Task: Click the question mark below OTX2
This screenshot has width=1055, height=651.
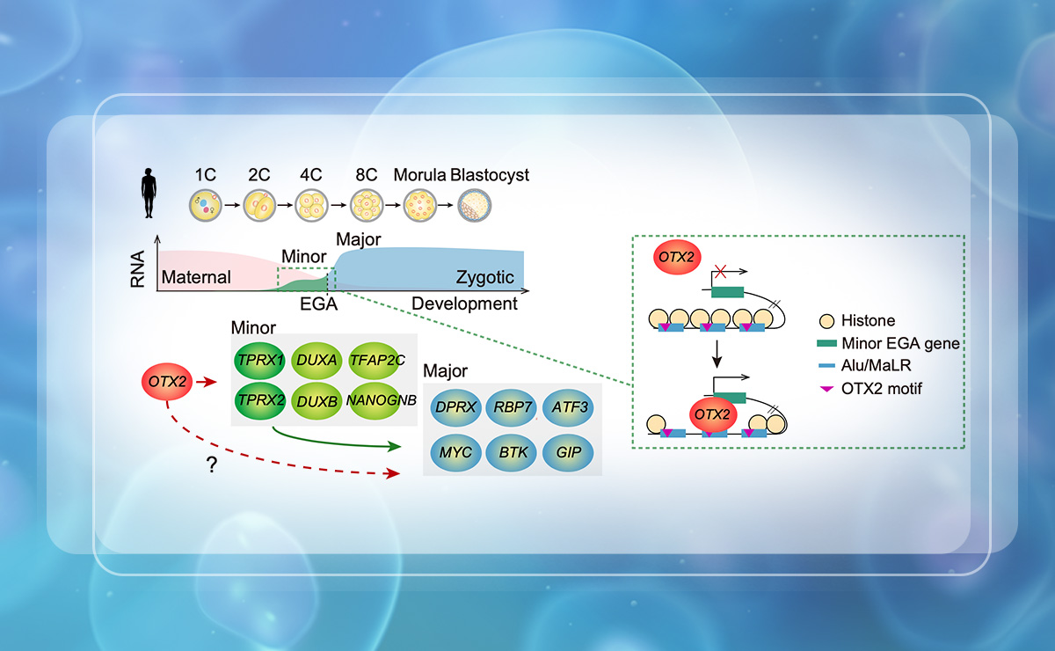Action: tap(212, 467)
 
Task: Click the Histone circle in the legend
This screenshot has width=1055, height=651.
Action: tap(826, 320)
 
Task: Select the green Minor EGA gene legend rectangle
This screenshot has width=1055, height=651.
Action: tap(826, 343)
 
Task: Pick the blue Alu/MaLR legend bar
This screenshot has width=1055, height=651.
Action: tap(826, 366)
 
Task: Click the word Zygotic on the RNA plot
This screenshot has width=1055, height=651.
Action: tap(484, 278)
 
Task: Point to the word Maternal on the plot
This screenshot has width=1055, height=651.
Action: tap(195, 278)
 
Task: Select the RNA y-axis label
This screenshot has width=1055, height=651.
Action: tap(139, 269)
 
